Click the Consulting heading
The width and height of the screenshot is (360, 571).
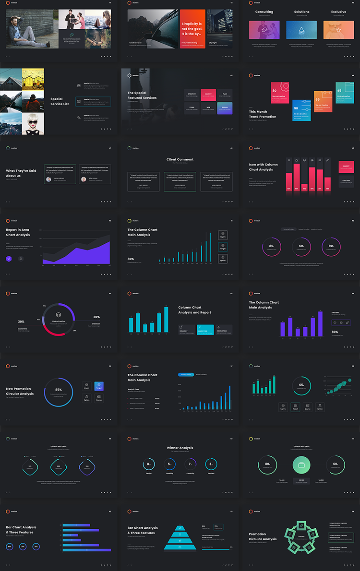pyautogui.click(x=264, y=12)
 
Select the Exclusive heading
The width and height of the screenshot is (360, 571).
pyautogui.click(x=338, y=12)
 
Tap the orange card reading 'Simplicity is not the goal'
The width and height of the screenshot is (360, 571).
pyautogui.click(x=192, y=29)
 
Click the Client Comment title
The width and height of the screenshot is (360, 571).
pyautogui.click(x=180, y=159)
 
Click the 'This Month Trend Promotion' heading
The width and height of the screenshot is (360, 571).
pyautogui.click(x=263, y=114)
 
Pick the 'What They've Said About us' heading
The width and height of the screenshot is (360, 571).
pyautogui.click(x=21, y=173)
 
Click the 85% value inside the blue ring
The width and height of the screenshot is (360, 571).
pyautogui.click(x=59, y=390)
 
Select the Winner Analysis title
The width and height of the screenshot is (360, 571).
pyautogui.click(x=180, y=448)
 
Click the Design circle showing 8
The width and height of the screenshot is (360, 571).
pyautogui.click(x=149, y=464)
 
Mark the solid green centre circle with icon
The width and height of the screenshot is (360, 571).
pyautogui.click(x=301, y=464)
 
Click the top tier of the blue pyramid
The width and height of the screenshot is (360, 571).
pyautogui.click(x=180, y=528)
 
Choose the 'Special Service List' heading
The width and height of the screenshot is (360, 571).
pyautogui.click(x=60, y=101)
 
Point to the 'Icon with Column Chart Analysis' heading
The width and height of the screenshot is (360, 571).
pyautogui.click(x=263, y=167)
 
